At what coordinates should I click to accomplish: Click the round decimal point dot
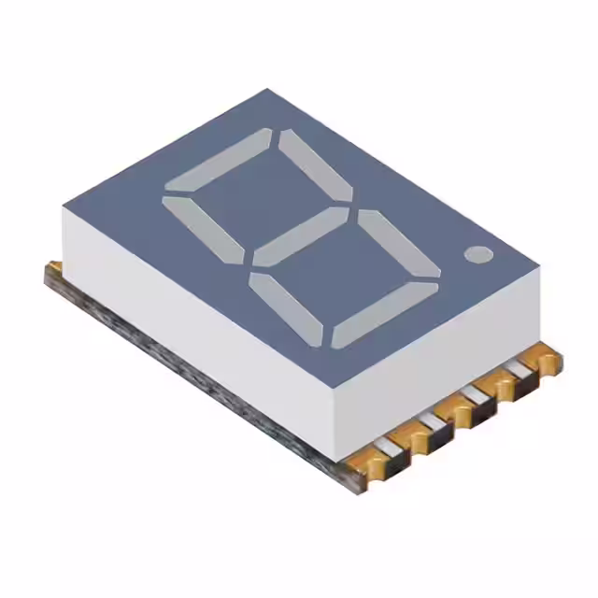tap(477, 253)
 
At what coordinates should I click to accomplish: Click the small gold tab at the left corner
tap(54, 269)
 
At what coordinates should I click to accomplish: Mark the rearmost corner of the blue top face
tap(269, 91)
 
